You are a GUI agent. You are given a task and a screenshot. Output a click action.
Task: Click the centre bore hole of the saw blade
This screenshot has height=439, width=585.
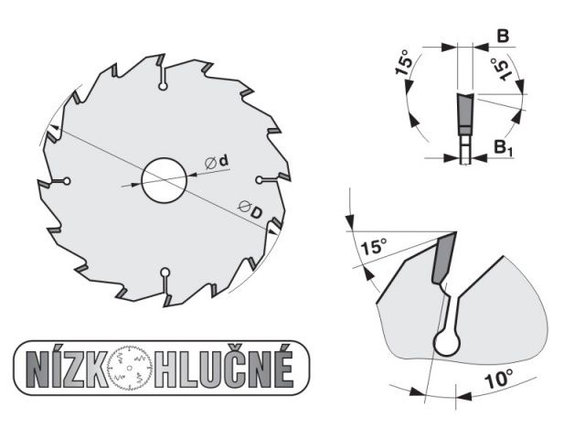coord(165,180)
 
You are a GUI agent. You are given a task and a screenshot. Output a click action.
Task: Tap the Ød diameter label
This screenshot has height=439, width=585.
coord(217,162)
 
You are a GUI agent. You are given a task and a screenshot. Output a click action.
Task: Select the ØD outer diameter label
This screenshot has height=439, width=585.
coord(250,209)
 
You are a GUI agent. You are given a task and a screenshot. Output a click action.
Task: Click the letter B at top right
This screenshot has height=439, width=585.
coord(504,37)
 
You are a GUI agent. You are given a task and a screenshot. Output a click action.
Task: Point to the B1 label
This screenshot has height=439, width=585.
coord(504,147)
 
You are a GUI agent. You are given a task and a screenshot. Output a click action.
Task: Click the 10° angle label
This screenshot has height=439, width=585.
coord(498,379)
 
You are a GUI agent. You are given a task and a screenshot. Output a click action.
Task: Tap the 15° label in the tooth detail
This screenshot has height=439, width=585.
coord(374,247)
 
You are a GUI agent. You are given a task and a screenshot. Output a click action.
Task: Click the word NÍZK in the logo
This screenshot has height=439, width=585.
coord(67,369)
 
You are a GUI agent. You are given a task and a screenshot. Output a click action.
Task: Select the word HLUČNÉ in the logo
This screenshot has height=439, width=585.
coord(225,368)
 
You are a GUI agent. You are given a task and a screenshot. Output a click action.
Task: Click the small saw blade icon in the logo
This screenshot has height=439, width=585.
coord(130,369)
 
